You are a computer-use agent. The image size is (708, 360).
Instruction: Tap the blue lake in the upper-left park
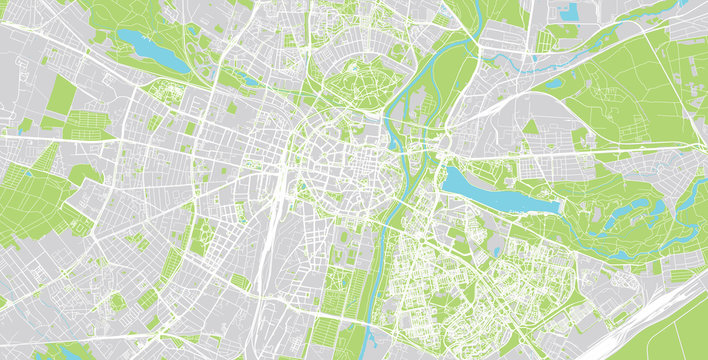click(x=150, y=50)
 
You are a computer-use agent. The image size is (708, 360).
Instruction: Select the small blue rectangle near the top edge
click(x=569, y=12)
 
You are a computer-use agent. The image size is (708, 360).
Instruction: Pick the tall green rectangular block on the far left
click(x=62, y=96)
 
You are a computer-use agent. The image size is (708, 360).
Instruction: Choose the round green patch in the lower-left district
click(x=117, y=300)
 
